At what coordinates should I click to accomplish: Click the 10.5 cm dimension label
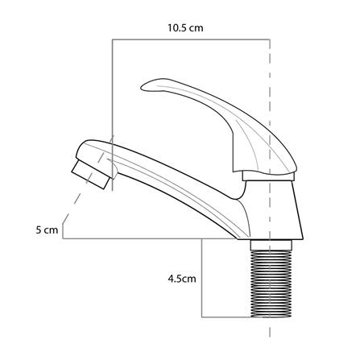point(185,27)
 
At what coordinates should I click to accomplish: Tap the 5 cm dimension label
point(47,230)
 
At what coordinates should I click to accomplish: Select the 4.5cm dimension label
point(182,279)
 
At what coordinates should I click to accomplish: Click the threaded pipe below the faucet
point(271,284)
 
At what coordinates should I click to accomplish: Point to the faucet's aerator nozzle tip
point(90,175)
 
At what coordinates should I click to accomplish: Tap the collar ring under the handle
point(268,176)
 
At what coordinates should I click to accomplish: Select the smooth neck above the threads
point(271,245)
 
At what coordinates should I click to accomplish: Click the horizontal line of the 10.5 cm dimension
point(191,39)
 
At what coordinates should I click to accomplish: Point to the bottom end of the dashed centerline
point(270,337)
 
